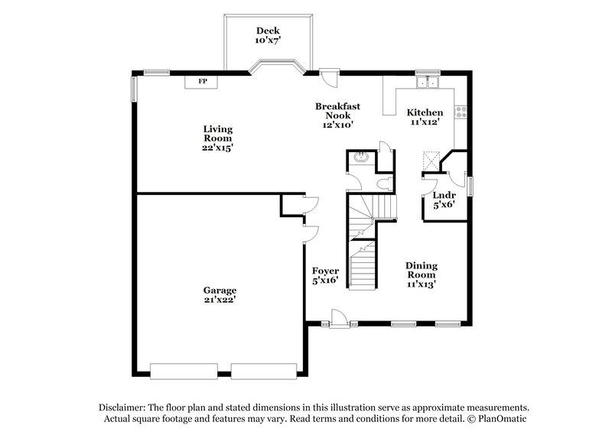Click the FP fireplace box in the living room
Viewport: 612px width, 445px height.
pyautogui.click(x=203, y=81)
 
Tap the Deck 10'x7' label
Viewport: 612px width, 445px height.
pyautogui.click(x=268, y=35)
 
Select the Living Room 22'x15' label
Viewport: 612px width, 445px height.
pyautogui.click(x=218, y=138)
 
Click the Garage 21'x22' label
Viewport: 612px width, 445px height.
pyautogui.click(x=220, y=295)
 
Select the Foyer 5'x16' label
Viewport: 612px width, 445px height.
pyautogui.click(x=326, y=276)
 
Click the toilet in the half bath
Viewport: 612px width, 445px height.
pyautogui.click(x=386, y=184)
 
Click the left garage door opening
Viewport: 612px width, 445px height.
pyautogui.click(x=189, y=372)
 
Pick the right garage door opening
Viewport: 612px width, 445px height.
pyautogui.click(x=262, y=372)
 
